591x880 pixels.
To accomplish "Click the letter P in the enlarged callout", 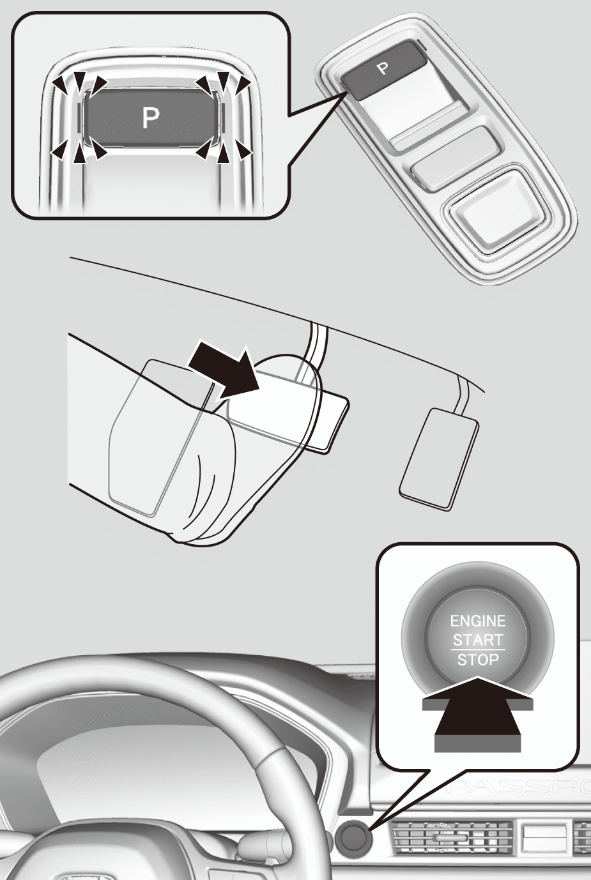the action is [x=151, y=118].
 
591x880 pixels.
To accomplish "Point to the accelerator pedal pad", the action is [x=440, y=460].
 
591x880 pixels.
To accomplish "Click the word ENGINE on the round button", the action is [x=477, y=621].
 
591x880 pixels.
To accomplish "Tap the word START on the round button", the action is [x=477, y=641].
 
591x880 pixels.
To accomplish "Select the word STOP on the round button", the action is [x=477, y=660].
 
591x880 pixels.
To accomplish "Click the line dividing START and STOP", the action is [x=477, y=650].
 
